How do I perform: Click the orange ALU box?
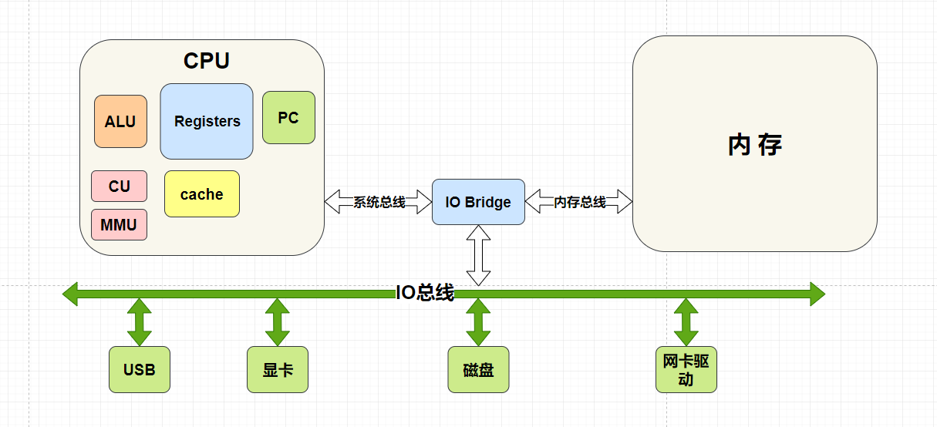coord(120,121)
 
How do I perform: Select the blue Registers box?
coord(207,121)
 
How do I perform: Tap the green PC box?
coord(288,118)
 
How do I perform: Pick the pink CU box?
coord(119,186)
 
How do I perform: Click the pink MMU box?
coord(119,224)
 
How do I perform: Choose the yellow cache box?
coord(202,194)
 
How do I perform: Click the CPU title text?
coord(206,61)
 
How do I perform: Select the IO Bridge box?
coord(478,202)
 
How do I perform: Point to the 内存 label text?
coord(754,145)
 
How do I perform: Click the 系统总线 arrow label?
coord(379,202)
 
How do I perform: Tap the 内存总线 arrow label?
coord(579,202)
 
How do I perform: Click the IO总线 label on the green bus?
coord(425,293)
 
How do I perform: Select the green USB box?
coord(139,369)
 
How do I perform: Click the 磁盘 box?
coord(478,369)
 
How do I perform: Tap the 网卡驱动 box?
coord(686,369)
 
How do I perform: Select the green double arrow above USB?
coord(139,322)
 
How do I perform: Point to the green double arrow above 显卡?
coord(277,322)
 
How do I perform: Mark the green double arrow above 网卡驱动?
coord(686,322)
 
